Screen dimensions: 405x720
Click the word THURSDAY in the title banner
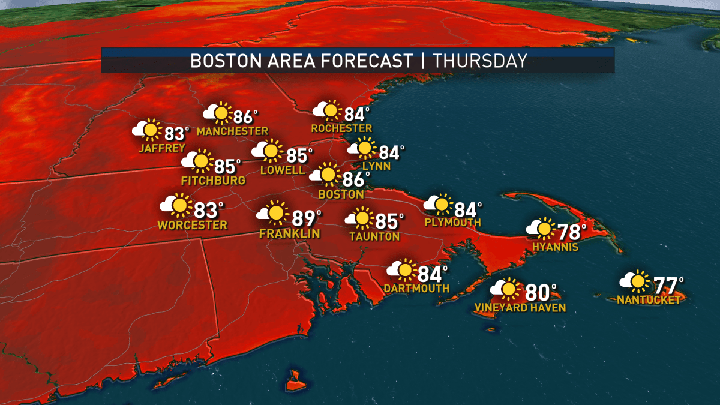(x=479, y=61)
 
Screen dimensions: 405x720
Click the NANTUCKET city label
(x=649, y=300)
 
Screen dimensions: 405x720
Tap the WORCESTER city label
(x=193, y=226)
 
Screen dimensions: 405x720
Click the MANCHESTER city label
(x=232, y=131)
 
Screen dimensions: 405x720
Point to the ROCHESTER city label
(x=341, y=128)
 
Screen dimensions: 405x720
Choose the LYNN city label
(x=376, y=166)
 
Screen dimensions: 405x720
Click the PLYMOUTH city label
(x=452, y=223)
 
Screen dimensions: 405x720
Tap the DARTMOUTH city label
(x=418, y=289)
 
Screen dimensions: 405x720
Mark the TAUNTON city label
(x=374, y=236)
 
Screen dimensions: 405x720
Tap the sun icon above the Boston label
(x=328, y=174)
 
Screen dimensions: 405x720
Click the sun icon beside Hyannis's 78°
(x=544, y=228)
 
